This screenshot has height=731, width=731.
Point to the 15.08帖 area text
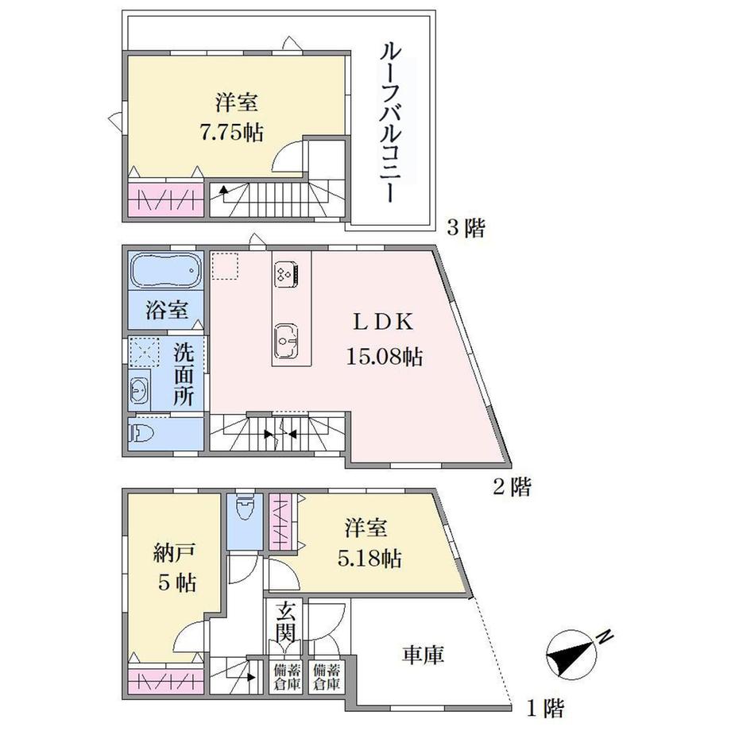pyautogui.click(x=383, y=358)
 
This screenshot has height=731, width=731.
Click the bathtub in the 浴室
pyautogui.click(x=165, y=272)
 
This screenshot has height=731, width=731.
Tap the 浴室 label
pyautogui.click(x=167, y=310)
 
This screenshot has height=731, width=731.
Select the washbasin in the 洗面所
pyautogui.click(x=140, y=390)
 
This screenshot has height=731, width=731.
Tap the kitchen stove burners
pyautogui.click(x=286, y=274)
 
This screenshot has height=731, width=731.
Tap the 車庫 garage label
pyautogui.click(x=422, y=656)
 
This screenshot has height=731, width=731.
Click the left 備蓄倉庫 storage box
pyautogui.click(x=286, y=675)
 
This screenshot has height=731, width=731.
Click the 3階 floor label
pyautogui.click(x=465, y=230)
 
